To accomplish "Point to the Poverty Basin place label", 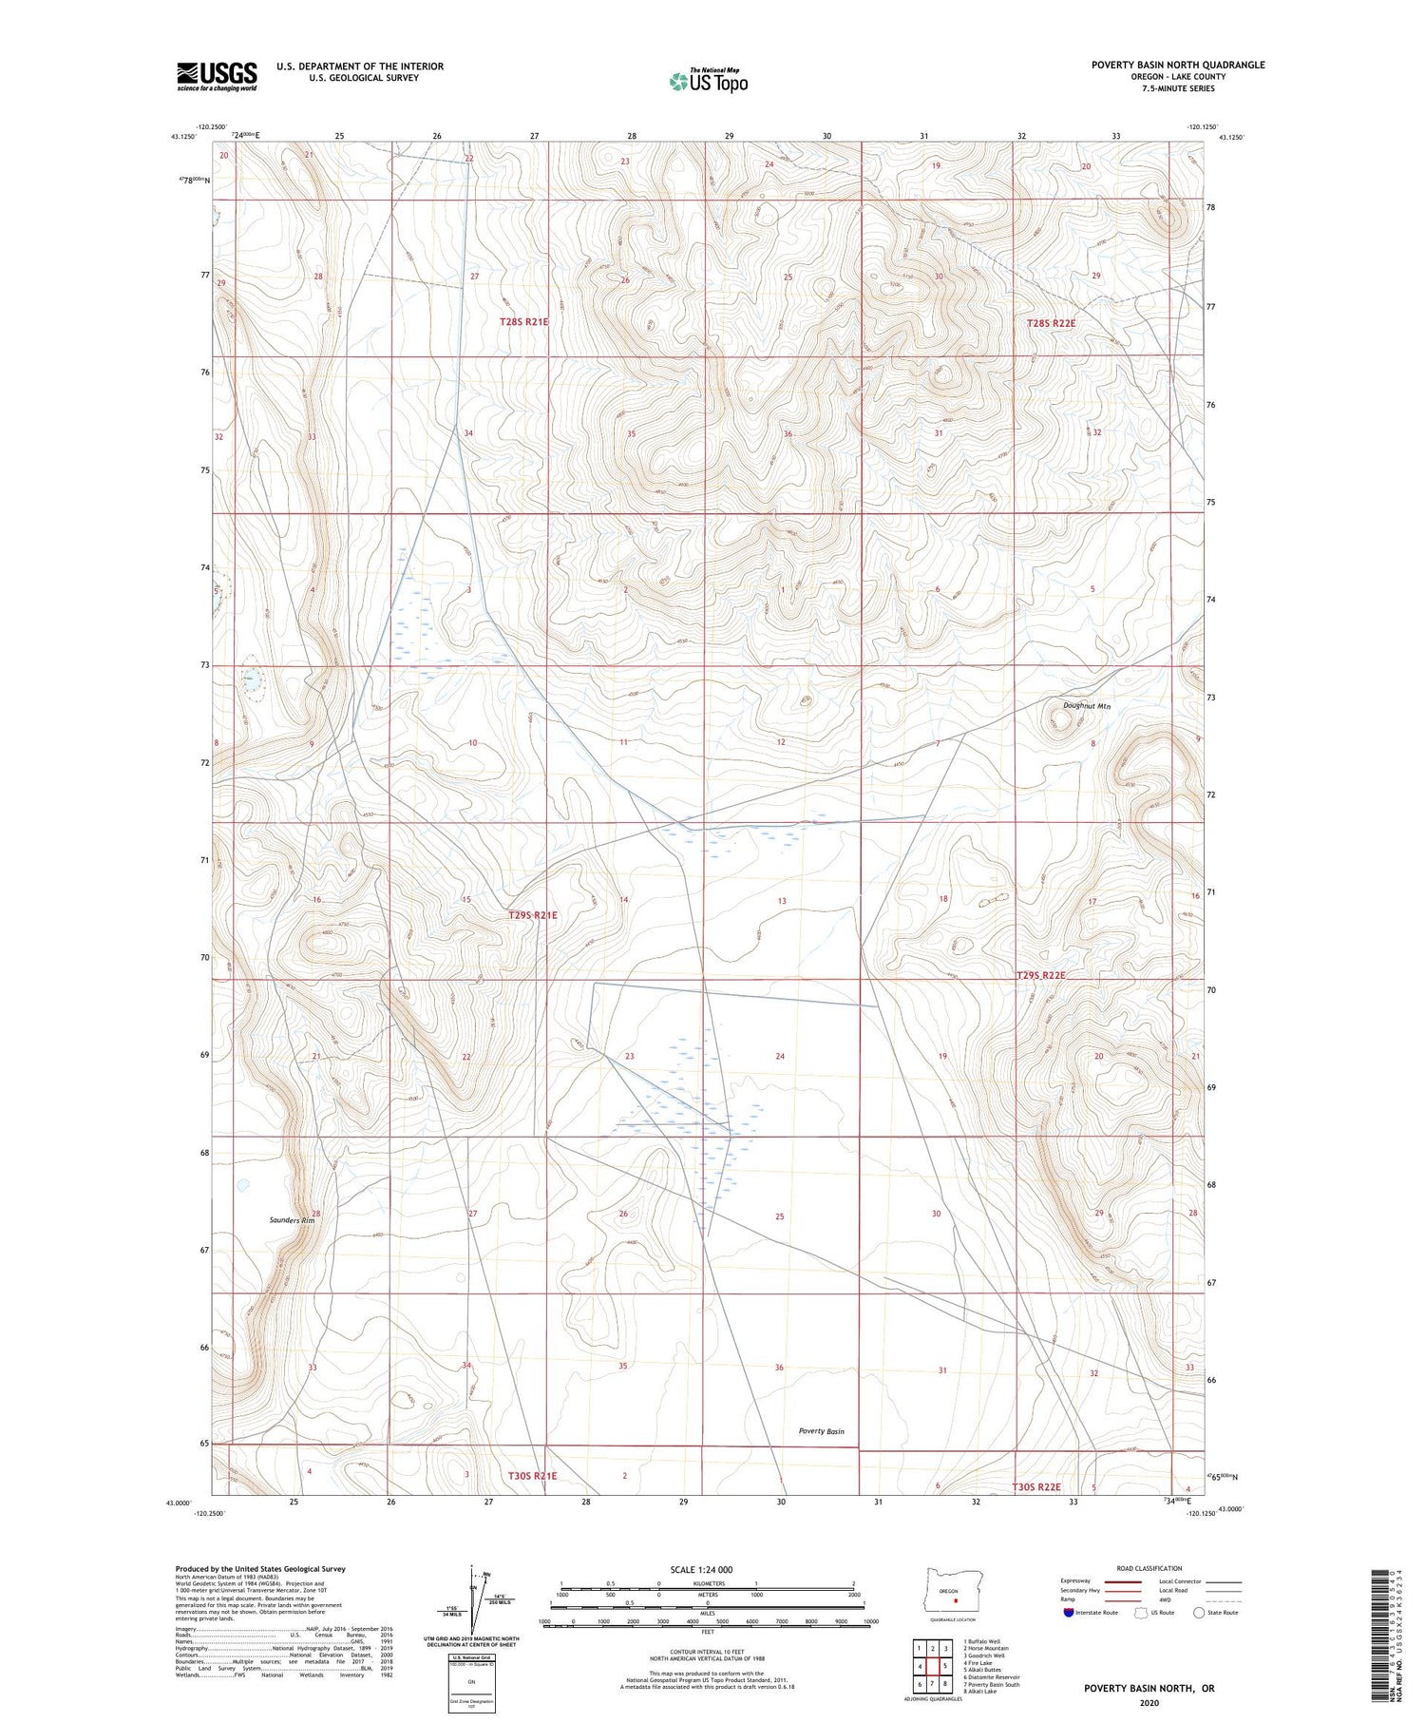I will pos(821,1431).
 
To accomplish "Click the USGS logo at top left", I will pos(217,76).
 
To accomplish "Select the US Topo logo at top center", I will pos(708,81).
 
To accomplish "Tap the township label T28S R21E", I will pos(524,322).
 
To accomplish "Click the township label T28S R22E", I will pos(1051,323).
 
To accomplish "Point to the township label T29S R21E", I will pos(532,915).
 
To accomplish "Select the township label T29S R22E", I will pos(1041,976).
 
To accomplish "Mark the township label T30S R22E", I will pos(1035,1487).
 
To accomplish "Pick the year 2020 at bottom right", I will pos(1149,1702).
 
